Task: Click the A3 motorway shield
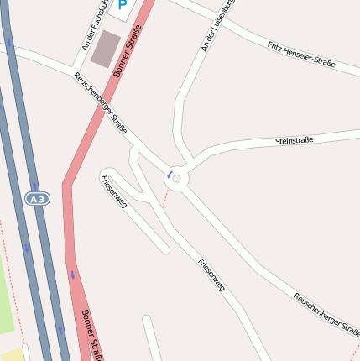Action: (35, 199)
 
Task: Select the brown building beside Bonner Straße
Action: (106, 49)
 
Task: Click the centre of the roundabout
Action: (176, 178)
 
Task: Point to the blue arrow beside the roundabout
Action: (170, 175)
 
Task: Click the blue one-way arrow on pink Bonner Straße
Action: (73, 274)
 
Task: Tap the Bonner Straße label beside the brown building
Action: (127, 52)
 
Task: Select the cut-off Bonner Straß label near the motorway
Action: (91, 335)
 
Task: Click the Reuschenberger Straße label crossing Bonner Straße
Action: (100, 103)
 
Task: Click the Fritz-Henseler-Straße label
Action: (301, 55)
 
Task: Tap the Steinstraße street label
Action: (294, 140)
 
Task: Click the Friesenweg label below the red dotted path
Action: (211, 274)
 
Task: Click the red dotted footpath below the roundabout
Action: (165, 199)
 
